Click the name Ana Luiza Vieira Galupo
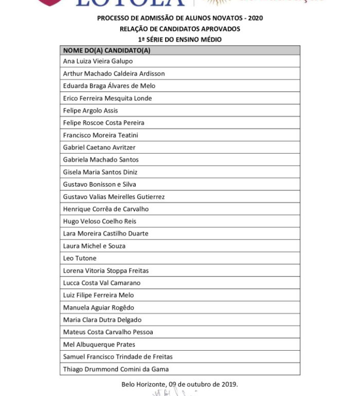coord(98,61)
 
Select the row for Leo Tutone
coord(80,258)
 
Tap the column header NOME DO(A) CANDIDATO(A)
coord(106,50)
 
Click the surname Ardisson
coord(151,74)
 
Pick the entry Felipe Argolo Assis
coord(91,111)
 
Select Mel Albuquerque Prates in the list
coord(99,345)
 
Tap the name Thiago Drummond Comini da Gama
coord(116,369)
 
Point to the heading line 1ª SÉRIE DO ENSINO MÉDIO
coord(179,40)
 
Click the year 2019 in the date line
coord(229,384)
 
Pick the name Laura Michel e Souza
coord(94,246)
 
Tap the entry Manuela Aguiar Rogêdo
coord(98,308)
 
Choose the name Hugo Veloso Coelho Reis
coord(98,222)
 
